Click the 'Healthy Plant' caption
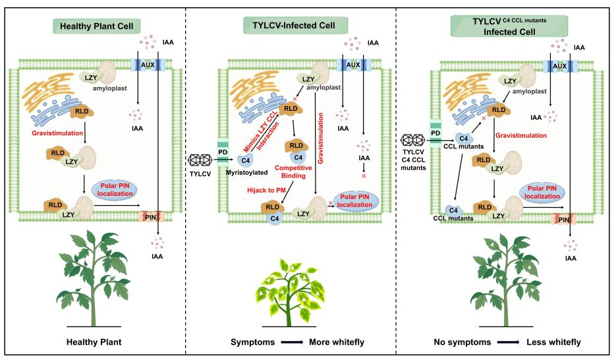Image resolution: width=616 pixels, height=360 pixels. (x=94, y=344)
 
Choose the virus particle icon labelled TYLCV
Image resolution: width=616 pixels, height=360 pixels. (x=200, y=160)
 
